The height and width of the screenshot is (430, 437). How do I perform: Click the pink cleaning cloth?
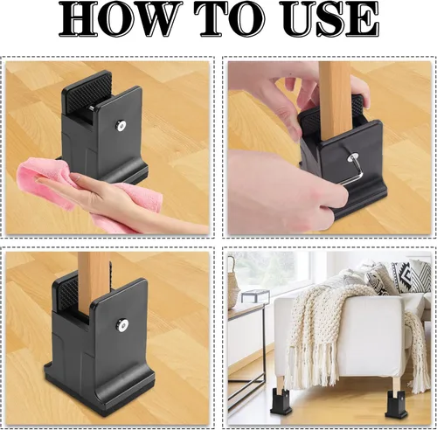101,197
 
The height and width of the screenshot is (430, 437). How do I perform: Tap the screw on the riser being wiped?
121,125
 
